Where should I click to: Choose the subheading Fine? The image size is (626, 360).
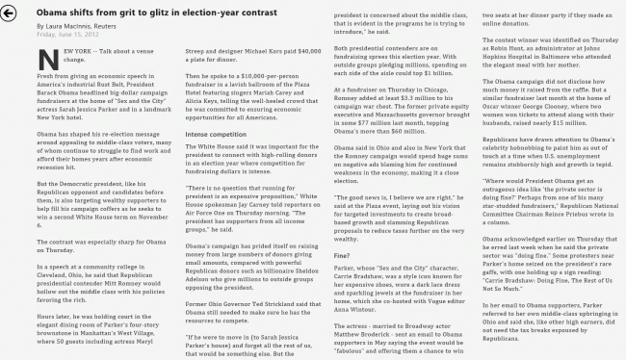[x=341, y=256]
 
